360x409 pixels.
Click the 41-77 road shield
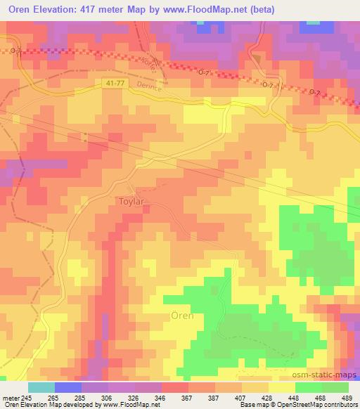tap(109, 82)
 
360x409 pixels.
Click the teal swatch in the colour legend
tap(41, 387)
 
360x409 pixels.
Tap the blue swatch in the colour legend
tap(68, 387)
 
